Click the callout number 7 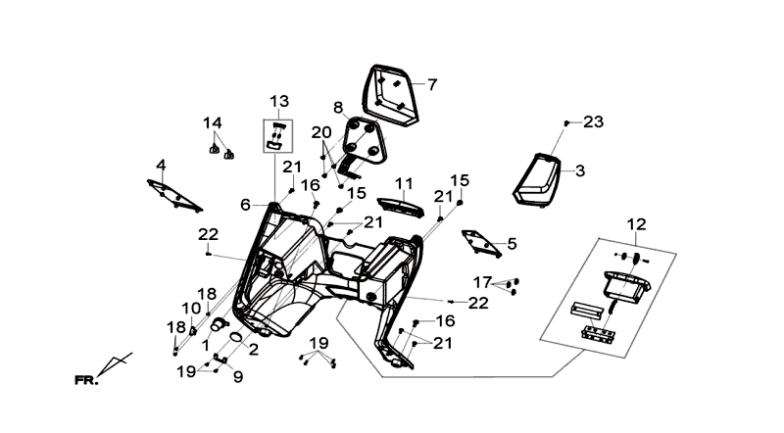pyautogui.click(x=432, y=84)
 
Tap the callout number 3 pyautogui.click(x=580, y=171)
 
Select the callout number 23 pyautogui.click(x=594, y=122)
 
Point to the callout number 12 pyautogui.click(x=636, y=224)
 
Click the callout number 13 pyautogui.click(x=279, y=101)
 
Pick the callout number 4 pyautogui.click(x=161, y=165)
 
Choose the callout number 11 pyautogui.click(x=404, y=184)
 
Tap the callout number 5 pyautogui.click(x=512, y=244)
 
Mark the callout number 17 pyautogui.click(x=482, y=282)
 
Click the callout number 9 pyautogui.click(x=238, y=376)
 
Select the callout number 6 pyautogui.click(x=245, y=205)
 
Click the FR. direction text pyautogui.click(x=86, y=380)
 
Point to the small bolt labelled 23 pyautogui.click(x=566, y=123)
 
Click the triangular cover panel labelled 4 pyautogui.click(x=175, y=196)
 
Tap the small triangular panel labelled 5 pyautogui.click(x=481, y=244)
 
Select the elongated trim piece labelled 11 pyautogui.click(x=401, y=207)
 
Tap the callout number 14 pyautogui.click(x=213, y=123)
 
